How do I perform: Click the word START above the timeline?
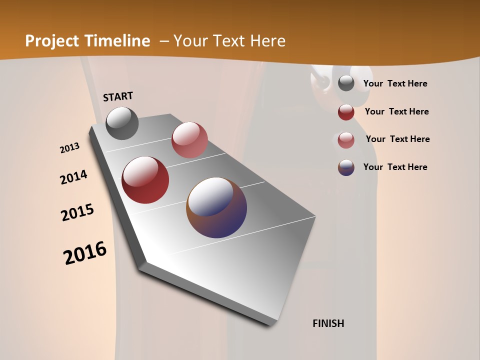(x=118, y=96)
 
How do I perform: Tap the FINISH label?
(x=328, y=323)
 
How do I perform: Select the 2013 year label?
(x=70, y=148)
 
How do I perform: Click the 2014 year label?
(x=73, y=177)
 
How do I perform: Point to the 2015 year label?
(x=77, y=212)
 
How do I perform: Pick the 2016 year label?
(x=85, y=253)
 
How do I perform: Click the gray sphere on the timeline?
(x=122, y=123)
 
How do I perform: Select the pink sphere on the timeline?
(x=189, y=140)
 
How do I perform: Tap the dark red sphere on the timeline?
(x=145, y=180)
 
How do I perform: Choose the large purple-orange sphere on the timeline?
(x=216, y=207)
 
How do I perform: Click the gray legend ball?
(x=346, y=83)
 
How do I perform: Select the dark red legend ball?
(x=346, y=112)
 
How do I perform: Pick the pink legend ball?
(x=346, y=140)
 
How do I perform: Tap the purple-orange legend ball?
(x=346, y=167)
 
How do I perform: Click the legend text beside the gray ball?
(x=395, y=84)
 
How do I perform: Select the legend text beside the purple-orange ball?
(x=395, y=167)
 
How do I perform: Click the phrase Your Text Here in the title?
(x=229, y=41)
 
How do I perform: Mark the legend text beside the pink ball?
(x=397, y=139)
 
